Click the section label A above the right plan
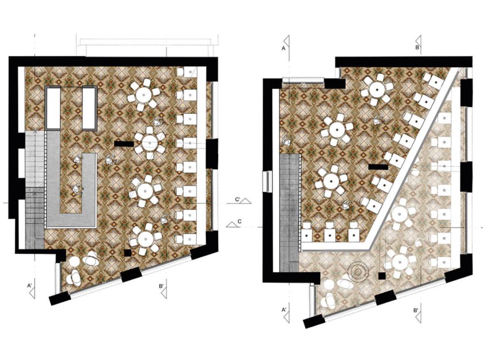pos(284,48)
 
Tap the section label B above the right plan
pos(417,47)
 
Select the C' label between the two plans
pos(238,200)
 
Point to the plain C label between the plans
pos(240,221)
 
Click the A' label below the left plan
pos(30,286)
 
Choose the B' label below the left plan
pos(161,286)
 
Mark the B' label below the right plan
pos(416,310)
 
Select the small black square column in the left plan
pos(128,253)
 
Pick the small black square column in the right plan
pos(382,276)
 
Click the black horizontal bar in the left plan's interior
pos(124,144)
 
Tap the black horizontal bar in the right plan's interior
pos(378,167)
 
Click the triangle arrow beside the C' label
pos(246,202)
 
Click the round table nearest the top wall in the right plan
pos(377,90)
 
